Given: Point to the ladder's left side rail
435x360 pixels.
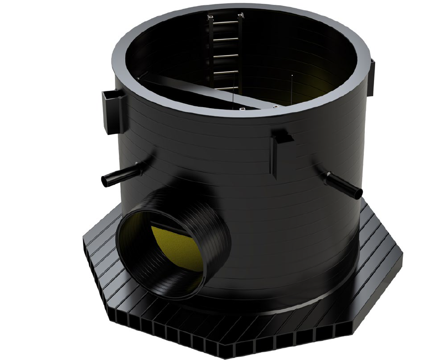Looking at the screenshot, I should click(x=211, y=54).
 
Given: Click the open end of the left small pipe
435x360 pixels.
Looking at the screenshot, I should click(x=104, y=181).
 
